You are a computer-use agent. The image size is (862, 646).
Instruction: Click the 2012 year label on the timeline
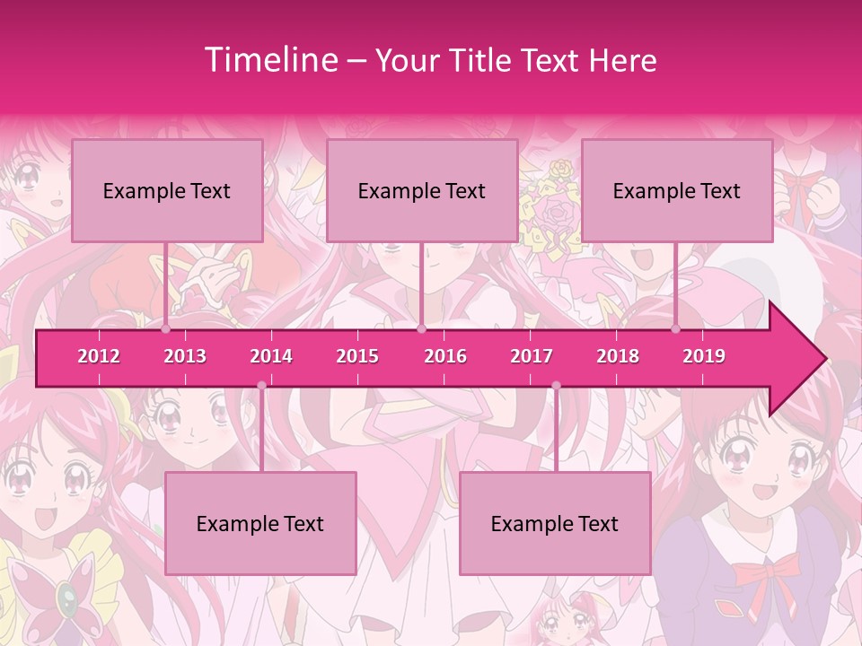[x=99, y=356]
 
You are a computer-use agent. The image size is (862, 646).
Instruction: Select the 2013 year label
[x=185, y=356]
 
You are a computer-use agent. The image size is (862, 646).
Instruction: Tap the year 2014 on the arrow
[x=271, y=356]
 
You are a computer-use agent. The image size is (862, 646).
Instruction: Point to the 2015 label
[x=357, y=356]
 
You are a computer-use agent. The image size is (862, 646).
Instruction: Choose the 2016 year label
[x=445, y=356]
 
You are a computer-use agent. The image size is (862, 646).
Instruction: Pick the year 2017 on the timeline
[x=532, y=356]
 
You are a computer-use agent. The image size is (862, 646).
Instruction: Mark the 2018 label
[x=618, y=356]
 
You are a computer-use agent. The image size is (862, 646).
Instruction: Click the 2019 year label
[x=704, y=356]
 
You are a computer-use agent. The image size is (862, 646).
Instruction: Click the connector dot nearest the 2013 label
[x=166, y=329]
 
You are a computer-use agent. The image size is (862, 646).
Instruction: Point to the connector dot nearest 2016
[x=421, y=329]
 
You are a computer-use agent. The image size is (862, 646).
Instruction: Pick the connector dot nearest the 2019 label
[x=676, y=329]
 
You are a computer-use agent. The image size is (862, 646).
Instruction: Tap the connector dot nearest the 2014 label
[x=261, y=386]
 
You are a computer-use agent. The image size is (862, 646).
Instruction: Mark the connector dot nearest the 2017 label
[x=556, y=386]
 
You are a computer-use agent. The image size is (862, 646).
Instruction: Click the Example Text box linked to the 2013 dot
[x=167, y=190]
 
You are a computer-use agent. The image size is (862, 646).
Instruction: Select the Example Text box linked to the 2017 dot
[x=555, y=523]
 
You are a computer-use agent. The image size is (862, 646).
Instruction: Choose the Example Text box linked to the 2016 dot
[x=422, y=190]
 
